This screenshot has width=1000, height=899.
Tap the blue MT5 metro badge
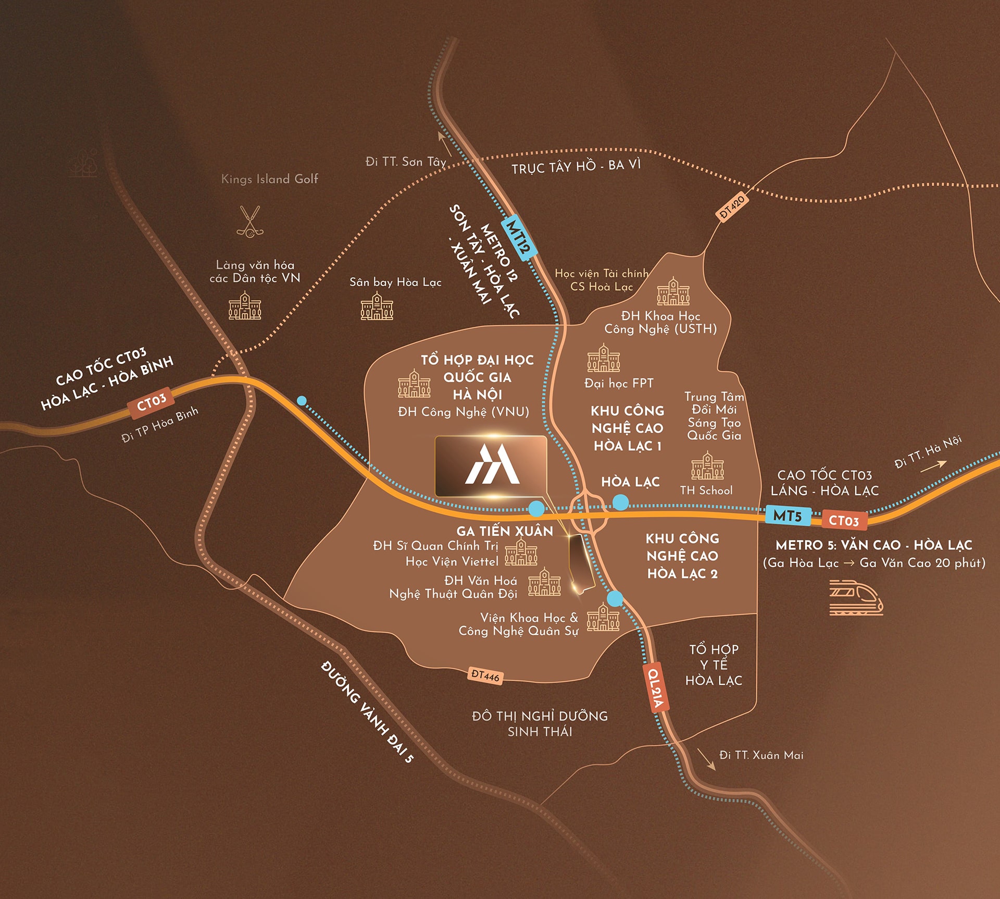787,515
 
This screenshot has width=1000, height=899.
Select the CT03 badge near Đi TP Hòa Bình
152,402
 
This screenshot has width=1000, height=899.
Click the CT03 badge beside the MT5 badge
844,520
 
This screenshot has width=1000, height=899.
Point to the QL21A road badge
655,687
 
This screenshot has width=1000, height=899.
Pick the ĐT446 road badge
485,675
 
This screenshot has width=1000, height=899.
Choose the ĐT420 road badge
732,207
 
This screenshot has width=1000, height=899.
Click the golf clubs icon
250,221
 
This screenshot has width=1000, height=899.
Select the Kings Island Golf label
269,179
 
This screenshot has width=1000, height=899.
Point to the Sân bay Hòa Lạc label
395,282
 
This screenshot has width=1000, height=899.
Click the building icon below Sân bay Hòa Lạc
377,306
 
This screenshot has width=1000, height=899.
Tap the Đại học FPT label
619,383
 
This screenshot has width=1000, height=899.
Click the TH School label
706,490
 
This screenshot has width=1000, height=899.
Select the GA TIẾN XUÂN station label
505,531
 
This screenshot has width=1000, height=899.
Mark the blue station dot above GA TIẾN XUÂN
536,508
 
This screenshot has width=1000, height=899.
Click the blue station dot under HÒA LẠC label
620,502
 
